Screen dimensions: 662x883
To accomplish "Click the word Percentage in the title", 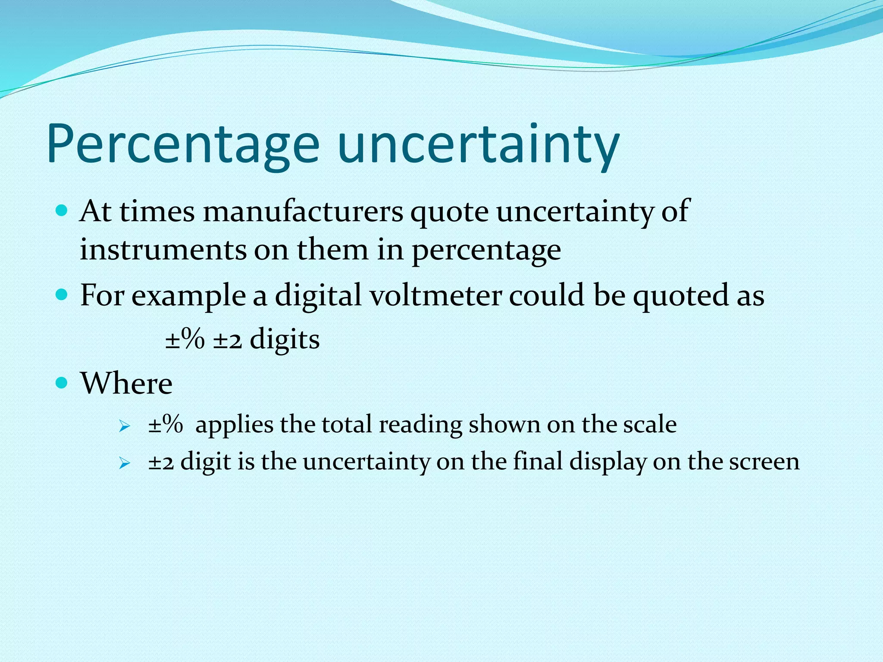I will click(183, 144).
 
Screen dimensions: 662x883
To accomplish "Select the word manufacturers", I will click(303, 212).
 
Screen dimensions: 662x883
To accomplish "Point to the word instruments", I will click(163, 250).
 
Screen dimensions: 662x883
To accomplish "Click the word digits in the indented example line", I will click(285, 339).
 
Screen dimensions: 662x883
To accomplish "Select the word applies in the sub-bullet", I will click(234, 425).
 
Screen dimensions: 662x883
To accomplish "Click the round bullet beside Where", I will click(62, 382).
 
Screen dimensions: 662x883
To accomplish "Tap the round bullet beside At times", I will click(62, 210).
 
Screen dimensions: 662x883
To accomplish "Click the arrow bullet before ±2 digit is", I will click(125, 464).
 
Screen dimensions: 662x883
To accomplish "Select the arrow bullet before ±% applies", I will click(125, 427).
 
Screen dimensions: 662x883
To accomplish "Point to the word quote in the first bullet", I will click(449, 212).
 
